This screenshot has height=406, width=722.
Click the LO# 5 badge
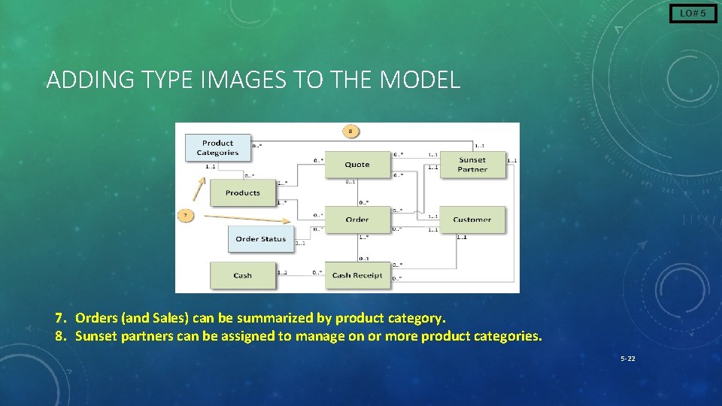693,14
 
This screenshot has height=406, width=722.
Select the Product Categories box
217,148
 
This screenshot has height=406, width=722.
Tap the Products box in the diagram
242,193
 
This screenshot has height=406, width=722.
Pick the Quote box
357,165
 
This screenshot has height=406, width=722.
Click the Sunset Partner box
472,165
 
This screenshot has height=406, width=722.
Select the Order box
357,220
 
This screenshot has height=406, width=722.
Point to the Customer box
472,220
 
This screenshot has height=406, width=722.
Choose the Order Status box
260,239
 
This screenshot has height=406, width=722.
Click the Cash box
242,275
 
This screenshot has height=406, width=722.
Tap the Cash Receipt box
357,275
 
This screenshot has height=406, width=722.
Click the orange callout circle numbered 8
350,132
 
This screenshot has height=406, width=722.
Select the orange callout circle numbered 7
186,216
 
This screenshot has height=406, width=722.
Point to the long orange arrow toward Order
247,219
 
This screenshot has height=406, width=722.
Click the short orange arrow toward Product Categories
198,189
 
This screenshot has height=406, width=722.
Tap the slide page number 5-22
627,359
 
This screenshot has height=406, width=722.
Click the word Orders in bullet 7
96,318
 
